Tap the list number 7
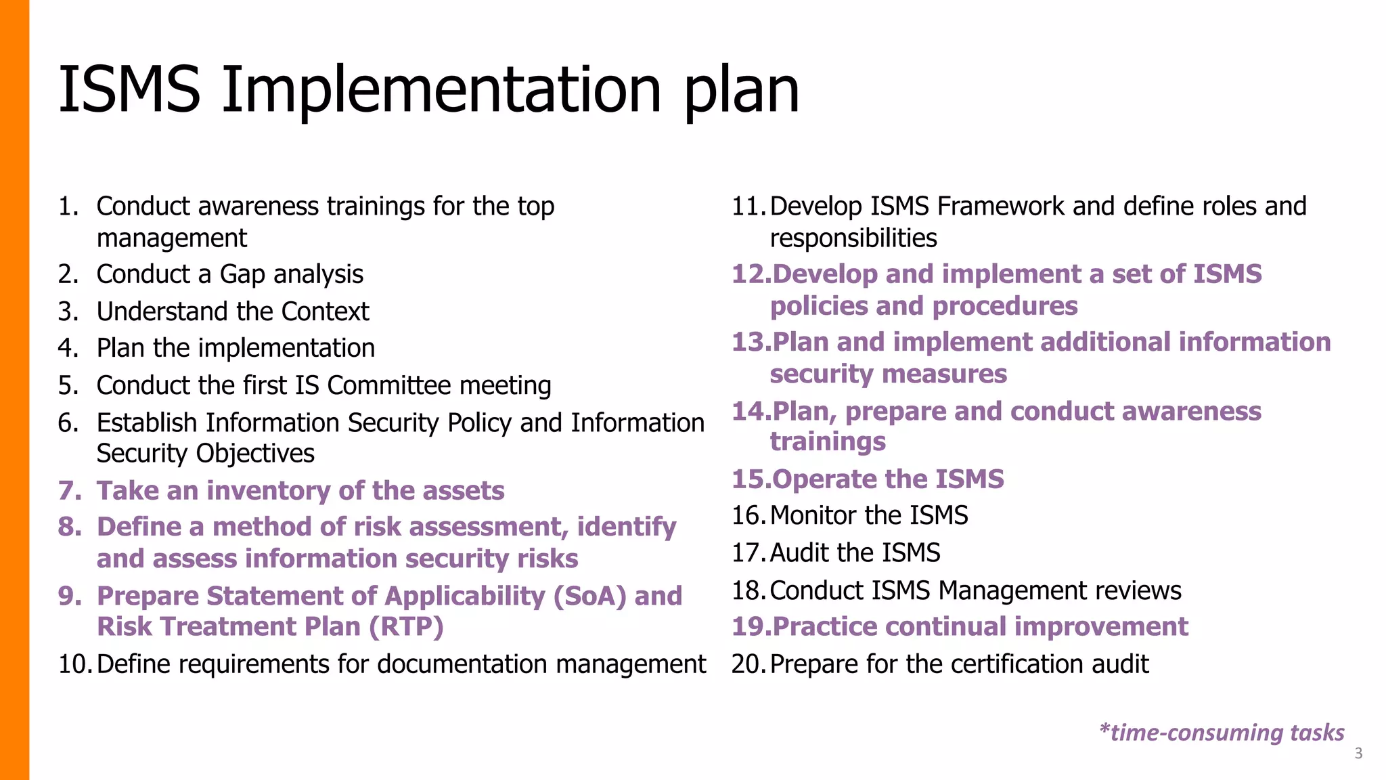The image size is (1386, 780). click(x=68, y=491)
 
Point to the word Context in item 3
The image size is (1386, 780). click(x=325, y=311)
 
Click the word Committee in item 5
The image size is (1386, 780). click(x=389, y=385)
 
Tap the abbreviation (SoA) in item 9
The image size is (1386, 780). click(x=589, y=596)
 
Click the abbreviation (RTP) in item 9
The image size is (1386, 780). click(x=406, y=626)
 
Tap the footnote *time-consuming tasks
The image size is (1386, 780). click(x=1222, y=733)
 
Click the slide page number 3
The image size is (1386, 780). click(x=1358, y=754)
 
